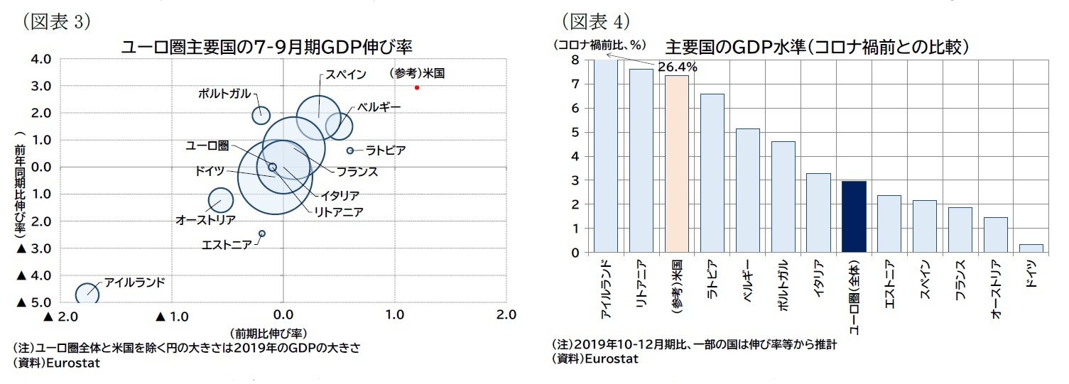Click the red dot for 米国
[417, 87]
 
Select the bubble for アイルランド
[87, 293]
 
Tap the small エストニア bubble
[262, 234]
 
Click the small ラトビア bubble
[350, 150]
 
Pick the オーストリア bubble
[221, 201]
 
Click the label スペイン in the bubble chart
[346, 75]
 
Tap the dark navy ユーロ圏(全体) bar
[853, 216]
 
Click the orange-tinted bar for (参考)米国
[676, 164]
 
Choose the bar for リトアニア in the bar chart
[641, 160]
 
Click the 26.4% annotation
[677, 67]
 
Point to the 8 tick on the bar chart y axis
[575, 60]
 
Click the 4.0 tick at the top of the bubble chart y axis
[40, 59]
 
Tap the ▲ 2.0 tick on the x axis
[61, 315]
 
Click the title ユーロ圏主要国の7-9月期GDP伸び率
[266, 46]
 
